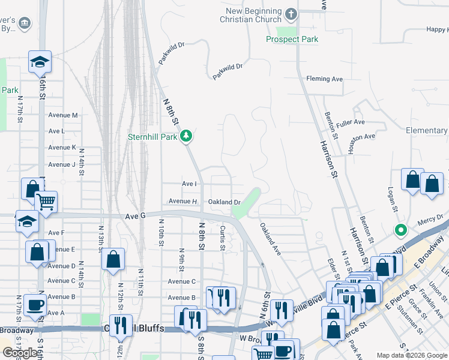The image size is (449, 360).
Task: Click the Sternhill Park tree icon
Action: pos(187,136)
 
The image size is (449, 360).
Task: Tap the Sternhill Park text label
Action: pos(152,137)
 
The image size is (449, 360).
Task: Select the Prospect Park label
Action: pos(292,39)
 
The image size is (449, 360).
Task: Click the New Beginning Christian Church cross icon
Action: pos(291,14)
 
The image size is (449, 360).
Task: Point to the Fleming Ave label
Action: pos(324,79)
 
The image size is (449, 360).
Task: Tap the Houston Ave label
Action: pos(361,137)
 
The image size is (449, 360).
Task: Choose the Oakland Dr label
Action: pos(224,202)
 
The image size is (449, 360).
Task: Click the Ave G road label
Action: pos(136,215)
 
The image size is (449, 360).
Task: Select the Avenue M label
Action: pos(63,115)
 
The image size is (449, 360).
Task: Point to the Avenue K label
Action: pos(62,147)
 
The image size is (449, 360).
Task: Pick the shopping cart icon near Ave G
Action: pos(46,203)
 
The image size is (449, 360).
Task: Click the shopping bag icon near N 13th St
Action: pos(113,259)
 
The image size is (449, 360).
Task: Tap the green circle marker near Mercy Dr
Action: pos(400,230)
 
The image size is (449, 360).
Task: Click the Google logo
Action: pos(20,353)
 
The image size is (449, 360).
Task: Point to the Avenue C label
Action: pos(182,281)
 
